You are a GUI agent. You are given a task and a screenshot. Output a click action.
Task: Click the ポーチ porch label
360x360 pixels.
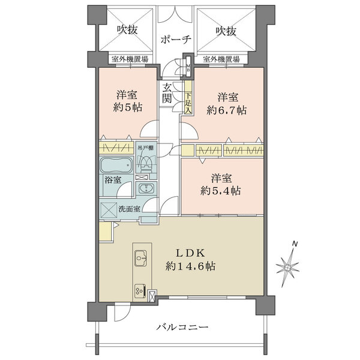click(x=176, y=40)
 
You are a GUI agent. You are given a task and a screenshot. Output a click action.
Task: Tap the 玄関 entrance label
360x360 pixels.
click(x=167, y=94)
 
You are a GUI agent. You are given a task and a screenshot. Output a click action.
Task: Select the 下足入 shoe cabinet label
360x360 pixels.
click(x=188, y=103)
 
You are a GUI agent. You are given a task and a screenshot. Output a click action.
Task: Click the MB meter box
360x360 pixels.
click(x=188, y=67)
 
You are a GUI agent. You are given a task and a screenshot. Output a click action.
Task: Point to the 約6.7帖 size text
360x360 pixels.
click(x=227, y=110)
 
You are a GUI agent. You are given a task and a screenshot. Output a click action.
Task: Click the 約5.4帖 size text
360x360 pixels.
click(x=220, y=191)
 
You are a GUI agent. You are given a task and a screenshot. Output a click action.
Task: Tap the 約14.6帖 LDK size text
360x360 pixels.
click(x=190, y=266)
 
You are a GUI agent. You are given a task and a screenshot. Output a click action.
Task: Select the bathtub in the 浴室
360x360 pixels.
click(x=116, y=166)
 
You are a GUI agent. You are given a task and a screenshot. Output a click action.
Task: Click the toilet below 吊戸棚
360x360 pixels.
click(x=146, y=163)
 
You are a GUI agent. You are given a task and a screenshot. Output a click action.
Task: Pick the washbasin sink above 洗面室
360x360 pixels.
click(x=146, y=188)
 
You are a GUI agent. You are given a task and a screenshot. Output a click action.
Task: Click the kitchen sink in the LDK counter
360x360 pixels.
click(x=141, y=258)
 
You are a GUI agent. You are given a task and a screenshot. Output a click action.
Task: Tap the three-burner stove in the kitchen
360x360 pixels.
click(x=141, y=291)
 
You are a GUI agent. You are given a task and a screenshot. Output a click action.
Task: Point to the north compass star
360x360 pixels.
click(x=287, y=268)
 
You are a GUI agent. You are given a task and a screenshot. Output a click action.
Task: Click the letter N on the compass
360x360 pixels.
click(x=295, y=244)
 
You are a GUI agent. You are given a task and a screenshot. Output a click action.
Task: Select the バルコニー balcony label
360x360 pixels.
click(x=182, y=326)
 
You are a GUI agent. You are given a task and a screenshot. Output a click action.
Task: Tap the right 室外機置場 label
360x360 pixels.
click(x=221, y=59)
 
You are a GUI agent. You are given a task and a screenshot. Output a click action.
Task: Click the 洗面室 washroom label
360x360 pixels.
click(x=129, y=209)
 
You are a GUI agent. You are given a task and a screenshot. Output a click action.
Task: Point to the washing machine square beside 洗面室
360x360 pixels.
click(x=109, y=210)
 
